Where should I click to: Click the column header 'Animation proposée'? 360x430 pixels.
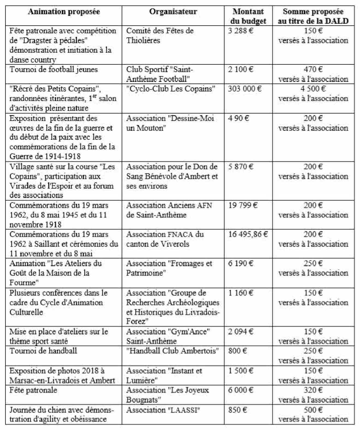tap(64, 12)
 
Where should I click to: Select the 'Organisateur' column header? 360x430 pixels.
tap(173, 12)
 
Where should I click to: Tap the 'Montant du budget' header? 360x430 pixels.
tap(248, 16)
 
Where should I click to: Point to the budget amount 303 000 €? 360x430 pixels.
tap(245, 89)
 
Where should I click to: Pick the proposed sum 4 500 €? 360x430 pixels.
tap(313, 89)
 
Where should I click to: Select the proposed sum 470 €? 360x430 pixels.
tap(313, 69)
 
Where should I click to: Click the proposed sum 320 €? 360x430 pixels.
tap(313, 390)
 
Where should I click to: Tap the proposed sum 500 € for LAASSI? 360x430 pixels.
tap(313, 410)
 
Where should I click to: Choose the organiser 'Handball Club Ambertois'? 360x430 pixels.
tap(173, 351)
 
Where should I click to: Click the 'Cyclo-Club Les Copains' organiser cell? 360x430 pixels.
tap(171, 89)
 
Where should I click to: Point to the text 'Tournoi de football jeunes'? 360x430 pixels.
tap(53, 69)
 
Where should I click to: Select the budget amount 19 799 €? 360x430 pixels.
tap(243, 205)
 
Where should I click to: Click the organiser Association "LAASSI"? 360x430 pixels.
tap(163, 410)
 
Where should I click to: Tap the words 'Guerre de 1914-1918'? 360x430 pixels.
tap(45, 156)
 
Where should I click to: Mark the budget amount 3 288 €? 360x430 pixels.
tap(241, 31)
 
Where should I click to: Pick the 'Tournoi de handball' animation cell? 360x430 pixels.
tap(43, 351)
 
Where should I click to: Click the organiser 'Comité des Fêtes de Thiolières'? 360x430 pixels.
tap(160, 35)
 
